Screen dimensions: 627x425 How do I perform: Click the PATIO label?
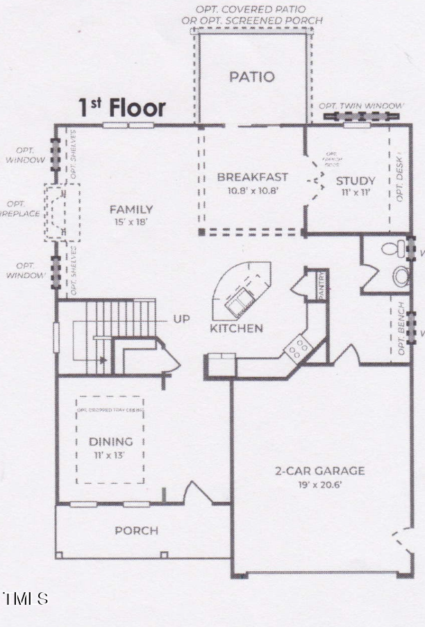(252, 77)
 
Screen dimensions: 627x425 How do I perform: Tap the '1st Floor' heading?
(122, 108)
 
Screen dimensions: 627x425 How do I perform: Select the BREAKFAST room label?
(252, 177)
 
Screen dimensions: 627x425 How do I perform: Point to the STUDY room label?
(356, 181)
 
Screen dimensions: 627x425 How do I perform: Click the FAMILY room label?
(131, 209)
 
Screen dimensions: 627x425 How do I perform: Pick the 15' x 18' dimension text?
(131, 222)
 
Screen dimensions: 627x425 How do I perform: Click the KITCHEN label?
(236, 328)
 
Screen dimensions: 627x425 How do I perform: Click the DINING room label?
(110, 441)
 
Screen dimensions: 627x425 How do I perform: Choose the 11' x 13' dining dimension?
(110, 454)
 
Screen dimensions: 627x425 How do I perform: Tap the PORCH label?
(136, 530)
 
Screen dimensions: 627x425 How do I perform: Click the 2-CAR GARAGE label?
(319, 471)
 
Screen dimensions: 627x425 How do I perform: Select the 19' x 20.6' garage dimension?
(319, 484)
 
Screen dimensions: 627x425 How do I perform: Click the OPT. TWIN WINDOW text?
(361, 106)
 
